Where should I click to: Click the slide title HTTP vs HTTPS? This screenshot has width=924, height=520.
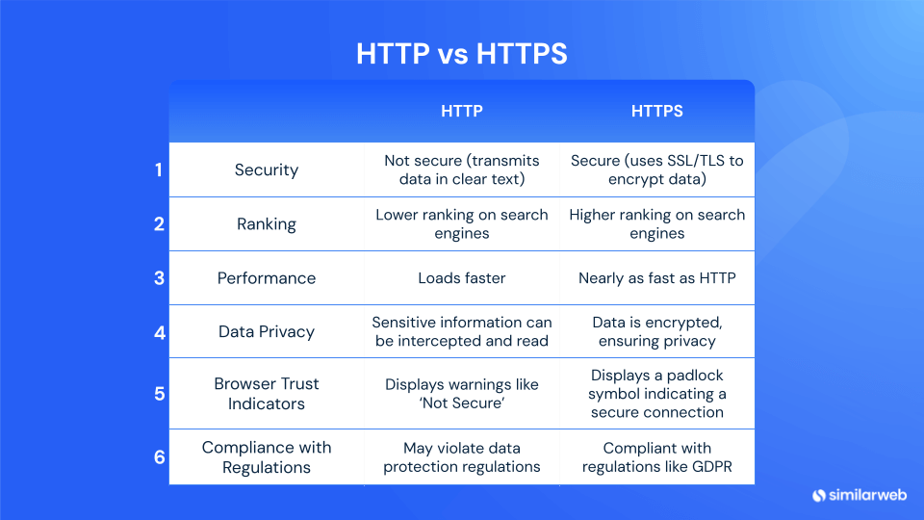461,54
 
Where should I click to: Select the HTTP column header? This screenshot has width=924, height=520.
461,112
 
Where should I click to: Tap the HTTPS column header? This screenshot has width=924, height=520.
656,112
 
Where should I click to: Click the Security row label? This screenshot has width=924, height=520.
267,170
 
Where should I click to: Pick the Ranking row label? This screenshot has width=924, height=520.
267,224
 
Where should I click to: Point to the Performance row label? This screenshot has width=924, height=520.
267,278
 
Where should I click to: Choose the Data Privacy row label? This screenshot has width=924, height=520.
267,332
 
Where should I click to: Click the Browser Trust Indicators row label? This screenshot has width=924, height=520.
267,393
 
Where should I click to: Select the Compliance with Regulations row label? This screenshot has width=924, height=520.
267,457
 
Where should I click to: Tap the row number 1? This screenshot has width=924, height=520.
159,170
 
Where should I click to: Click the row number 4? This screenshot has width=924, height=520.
159,333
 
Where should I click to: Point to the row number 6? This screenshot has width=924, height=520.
159,457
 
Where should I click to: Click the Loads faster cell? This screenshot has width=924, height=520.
461,278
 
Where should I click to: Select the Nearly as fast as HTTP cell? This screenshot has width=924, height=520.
656,278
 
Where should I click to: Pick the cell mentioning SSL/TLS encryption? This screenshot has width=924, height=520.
656,170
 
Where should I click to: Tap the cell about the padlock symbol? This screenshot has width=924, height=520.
656,393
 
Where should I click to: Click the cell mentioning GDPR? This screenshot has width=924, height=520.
656,457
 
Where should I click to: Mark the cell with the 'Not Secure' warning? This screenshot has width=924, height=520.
461,393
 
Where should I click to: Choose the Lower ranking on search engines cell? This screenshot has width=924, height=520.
461,224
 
